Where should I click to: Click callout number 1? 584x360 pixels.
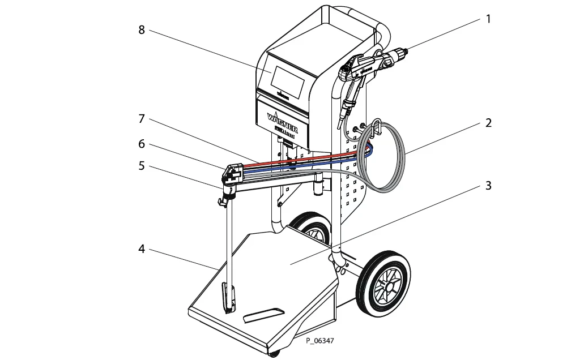click(488, 19)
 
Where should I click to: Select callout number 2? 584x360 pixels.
click(488, 123)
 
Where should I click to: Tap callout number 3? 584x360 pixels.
click(488, 186)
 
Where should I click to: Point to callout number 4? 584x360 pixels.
click(142, 248)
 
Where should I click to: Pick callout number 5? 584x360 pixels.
click(142, 166)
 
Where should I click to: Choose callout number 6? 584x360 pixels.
click(142, 144)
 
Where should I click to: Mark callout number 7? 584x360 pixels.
click(142, 119)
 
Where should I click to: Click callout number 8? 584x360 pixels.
click(142, 29)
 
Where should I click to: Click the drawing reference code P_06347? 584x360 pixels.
click(320, 341)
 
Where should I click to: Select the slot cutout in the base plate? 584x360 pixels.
click(262, 314)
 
